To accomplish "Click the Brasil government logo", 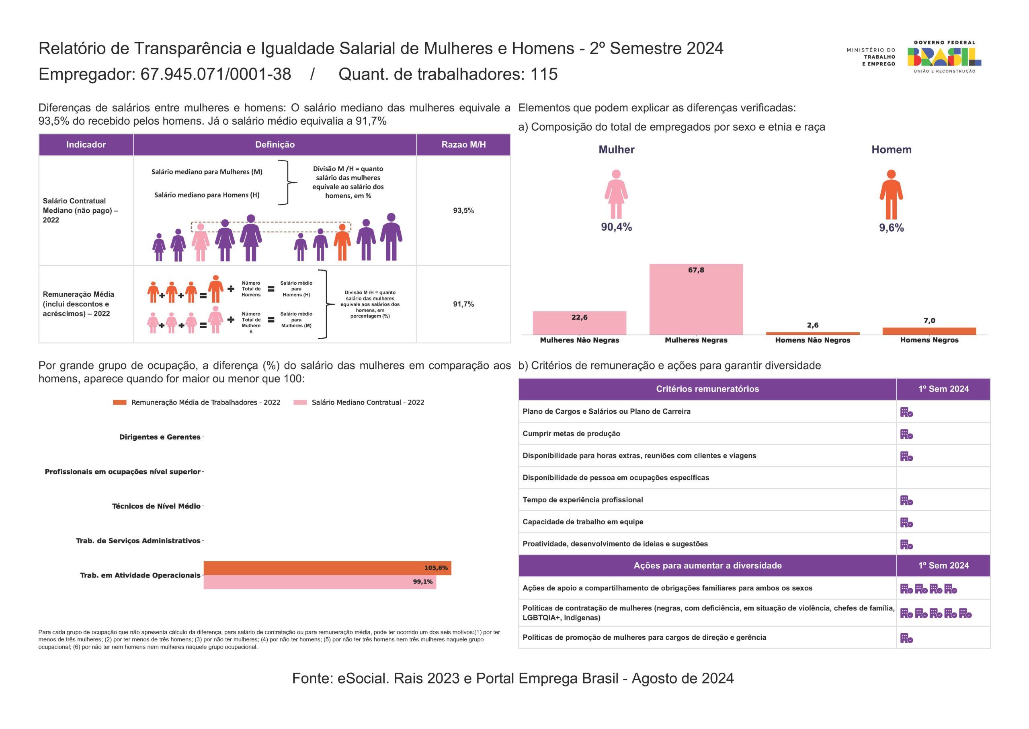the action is (x=944, y=57).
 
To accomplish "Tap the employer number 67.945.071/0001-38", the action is (x=216, y=74).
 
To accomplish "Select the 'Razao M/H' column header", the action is (x=463, y=144).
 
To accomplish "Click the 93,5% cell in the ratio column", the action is (x=463, y=211).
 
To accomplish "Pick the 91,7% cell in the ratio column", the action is (x=463, y=304).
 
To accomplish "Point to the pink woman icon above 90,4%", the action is (x=616, y=194).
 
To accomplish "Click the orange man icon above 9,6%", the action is (x=891, y=194).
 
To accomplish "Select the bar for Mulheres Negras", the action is (x=696, y=299).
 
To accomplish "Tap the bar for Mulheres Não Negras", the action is (x=579, y=323).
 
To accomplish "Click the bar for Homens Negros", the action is (x=929, y=331).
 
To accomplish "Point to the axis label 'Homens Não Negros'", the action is (x=812, y=340).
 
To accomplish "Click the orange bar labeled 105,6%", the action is (x=327, y=568).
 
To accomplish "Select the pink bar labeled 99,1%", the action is (x=320, y=582).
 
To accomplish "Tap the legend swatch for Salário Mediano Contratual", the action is (x=300, y=402).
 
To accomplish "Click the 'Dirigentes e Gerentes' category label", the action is (x=160, y=437).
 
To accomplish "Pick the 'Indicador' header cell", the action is (x=86, y=144).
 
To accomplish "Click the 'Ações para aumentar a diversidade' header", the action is (x=707, y=566).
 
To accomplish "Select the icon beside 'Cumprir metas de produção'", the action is (x=906, y=434).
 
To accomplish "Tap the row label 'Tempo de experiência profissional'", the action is (x=582, y=500).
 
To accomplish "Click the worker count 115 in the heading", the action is (x=544, y=74).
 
